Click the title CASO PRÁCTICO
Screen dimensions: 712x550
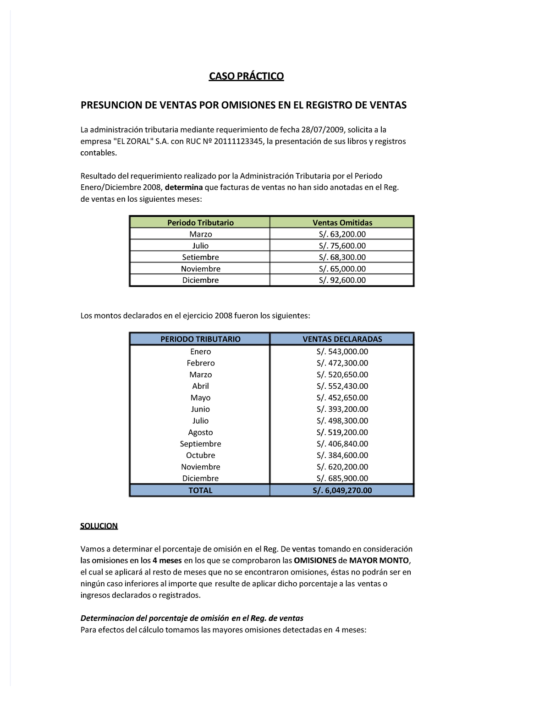(246, 76)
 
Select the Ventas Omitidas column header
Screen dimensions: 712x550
(342, 222)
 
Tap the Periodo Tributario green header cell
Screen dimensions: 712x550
(200, 222)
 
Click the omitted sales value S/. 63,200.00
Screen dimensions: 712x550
(342, 234)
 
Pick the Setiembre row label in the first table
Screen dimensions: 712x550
(200, 257)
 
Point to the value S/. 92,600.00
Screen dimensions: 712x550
(342, 280)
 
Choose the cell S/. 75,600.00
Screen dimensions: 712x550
(342, 246)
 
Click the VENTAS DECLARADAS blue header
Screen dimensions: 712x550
(342, 339)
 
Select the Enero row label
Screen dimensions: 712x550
(200, 352)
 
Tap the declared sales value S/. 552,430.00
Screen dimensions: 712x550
(342, 386)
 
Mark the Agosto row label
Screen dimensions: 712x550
(200, 432)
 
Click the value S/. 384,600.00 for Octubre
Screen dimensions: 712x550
(342, 455)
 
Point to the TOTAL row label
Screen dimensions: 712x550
(200, 491)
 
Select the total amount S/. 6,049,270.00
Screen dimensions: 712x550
(342, 491)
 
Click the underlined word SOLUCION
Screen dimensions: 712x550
(99, 526)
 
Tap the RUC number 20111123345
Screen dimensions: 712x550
(238, 141)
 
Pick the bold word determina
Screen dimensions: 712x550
(184, 188)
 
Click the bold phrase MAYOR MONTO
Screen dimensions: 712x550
(379, 561)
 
